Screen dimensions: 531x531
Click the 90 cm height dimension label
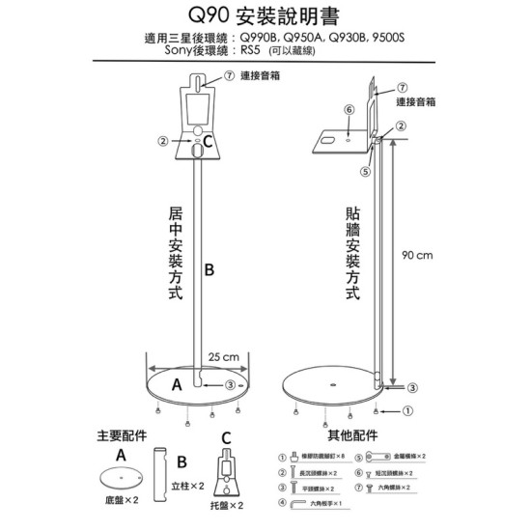tap(418, 255)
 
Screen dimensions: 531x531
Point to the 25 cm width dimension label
tap(224, 357)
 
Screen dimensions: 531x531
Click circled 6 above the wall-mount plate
tap(349, 109)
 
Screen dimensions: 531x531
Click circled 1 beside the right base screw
tap(407, 410)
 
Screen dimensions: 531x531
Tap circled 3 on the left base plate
tap(229, 384)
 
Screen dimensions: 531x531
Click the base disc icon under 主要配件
tap(121, 477)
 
